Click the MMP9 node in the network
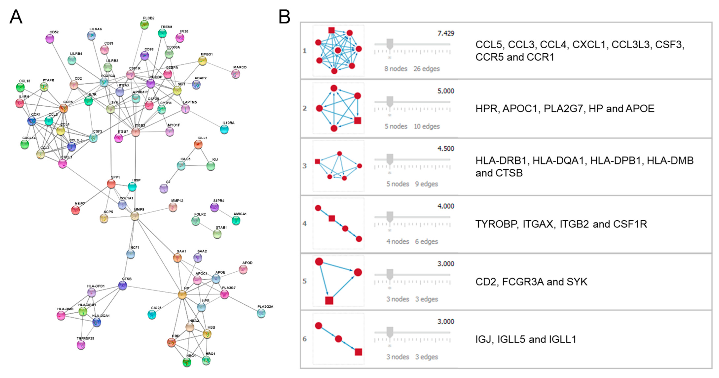(135, 216)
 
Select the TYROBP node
(151, 83)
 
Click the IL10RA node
(224, 129)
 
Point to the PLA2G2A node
(261, 313)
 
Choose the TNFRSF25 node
(81, 345)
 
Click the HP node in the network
(182, 295)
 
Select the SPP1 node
(111, 184)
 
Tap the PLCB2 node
(144, 25)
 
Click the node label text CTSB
(127, 279)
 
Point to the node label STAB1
(221, 228)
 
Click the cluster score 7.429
(446, 33)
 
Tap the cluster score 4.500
(446, 149)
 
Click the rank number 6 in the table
(305, 339)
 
